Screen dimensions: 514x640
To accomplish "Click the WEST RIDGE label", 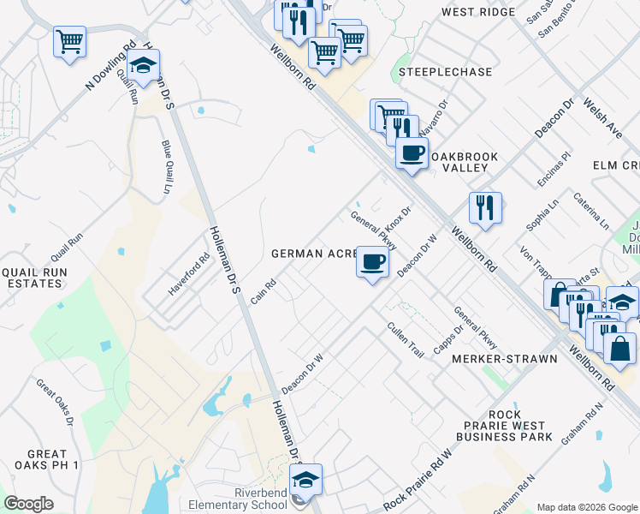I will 478,12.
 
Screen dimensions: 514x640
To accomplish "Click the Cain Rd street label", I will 264,291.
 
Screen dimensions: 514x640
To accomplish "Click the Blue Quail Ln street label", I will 166,167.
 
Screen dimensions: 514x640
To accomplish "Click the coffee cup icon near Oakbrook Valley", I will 412,153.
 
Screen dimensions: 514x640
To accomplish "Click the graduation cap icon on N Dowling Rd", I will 144,66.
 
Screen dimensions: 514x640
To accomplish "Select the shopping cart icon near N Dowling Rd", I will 69,41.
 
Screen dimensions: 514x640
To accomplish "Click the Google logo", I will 28,504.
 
